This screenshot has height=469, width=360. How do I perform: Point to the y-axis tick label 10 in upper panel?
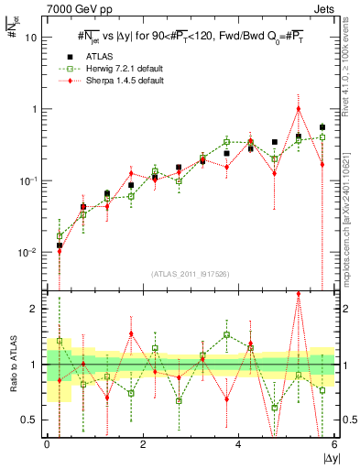click(x=31, y=38)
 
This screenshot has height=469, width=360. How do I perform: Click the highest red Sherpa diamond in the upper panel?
click(x=299, y=108)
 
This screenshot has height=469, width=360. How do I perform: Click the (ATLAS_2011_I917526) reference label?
click(x=190, y=273)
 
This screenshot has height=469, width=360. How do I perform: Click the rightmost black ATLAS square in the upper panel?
click(x=322, y=127)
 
